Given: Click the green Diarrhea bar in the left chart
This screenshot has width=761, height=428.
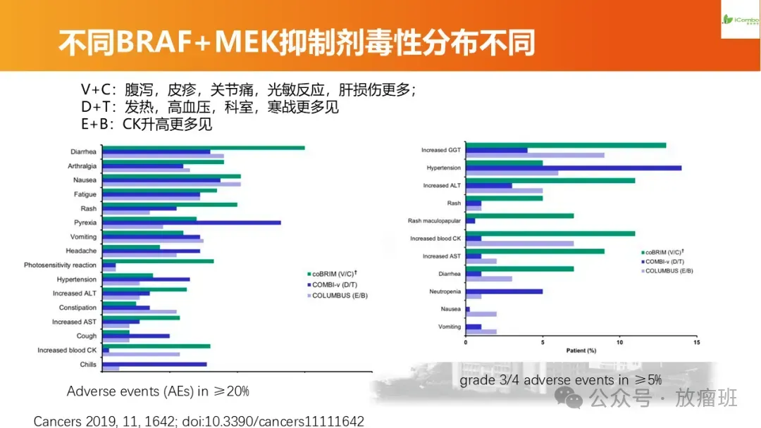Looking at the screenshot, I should (x=204, y=148).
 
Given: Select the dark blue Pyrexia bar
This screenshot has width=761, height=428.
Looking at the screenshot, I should (x=192, y=222).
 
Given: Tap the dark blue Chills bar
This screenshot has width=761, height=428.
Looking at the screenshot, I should (x=154, y=364).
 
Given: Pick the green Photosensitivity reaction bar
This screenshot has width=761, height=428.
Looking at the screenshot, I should (x=158, y=261).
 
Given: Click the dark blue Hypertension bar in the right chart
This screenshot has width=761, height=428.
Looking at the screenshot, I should (x=574, y=168).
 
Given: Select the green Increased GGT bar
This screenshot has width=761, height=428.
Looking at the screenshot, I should (x=566, y=146).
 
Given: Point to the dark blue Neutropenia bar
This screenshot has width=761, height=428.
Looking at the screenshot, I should (x=504, y=291).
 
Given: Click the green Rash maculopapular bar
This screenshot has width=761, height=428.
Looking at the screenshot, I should (x=519, y=215).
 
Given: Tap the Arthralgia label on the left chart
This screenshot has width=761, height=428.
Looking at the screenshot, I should (x=82, y=166).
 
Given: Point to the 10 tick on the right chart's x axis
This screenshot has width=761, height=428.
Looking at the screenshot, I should (x=619, y=342).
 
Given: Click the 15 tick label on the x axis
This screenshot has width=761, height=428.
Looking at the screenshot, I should (x=696, y=342).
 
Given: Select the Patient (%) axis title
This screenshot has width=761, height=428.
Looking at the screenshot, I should (x=581, y=350).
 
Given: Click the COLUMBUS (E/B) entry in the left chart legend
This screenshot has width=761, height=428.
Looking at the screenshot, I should (x=340, y=296).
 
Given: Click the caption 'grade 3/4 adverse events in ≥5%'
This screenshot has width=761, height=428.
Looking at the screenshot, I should (x=561, y=380).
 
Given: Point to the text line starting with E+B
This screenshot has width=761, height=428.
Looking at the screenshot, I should (x=147, y=125).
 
